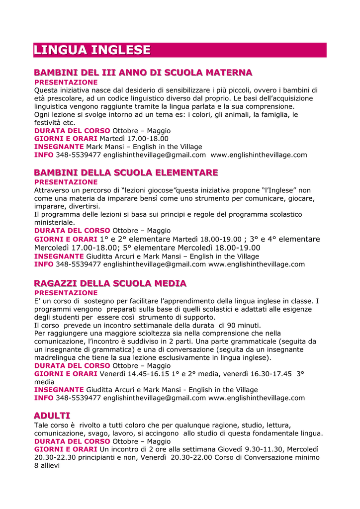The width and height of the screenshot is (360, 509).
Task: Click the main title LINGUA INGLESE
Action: point(92,50)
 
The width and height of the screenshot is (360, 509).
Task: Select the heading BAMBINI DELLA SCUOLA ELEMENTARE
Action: point(126,173)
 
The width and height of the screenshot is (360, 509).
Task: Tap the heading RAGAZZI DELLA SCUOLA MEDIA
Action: point(110,284)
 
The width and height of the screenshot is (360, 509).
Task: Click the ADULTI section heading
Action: point(52,416)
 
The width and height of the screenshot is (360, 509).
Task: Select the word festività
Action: point(48,122)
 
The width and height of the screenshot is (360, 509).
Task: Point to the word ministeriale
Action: point(55,223)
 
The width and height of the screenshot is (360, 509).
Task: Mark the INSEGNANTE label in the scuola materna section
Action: point(59,147)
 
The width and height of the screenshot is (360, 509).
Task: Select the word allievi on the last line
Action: point(50,465)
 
